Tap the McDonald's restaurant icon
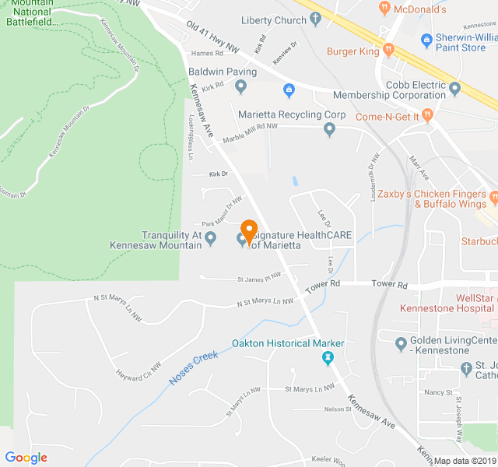(384, 9)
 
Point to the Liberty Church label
(274, 20)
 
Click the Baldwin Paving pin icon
(240, 86)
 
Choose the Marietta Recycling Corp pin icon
(329, 129)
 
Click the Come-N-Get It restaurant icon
(428, 116)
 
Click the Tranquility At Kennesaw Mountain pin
(210, 244)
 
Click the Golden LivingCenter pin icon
(401, 343)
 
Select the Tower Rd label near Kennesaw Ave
(323, 288)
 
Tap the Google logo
(26, 458)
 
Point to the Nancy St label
(439, 393)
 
